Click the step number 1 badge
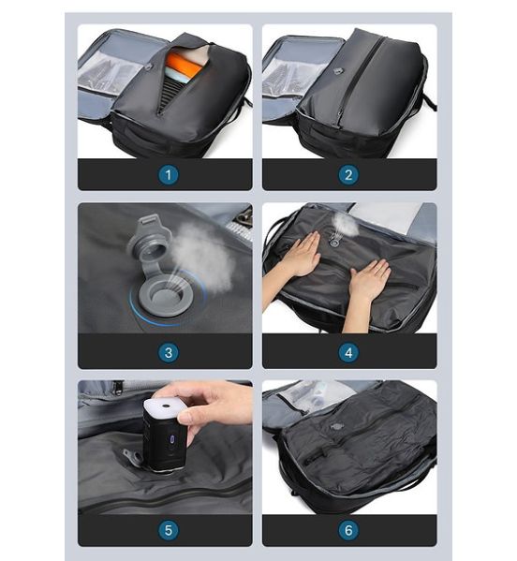click(x=169, y=175)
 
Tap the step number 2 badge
click(x=348, y=175)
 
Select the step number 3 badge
click(x=169, y=352)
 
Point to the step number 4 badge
click(x=348, y=352)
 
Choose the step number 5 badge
click(x=169, y=530)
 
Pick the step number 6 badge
click(x=348, y=530)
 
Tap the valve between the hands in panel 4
click(x=335, y=241)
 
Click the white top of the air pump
click(x=166, y=406)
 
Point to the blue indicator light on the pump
click(x=172, y=439)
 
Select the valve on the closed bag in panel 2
click(x=337, y=71)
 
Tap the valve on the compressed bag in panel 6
click(x=336, y=426)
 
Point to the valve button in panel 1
click(x=150, y=66)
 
